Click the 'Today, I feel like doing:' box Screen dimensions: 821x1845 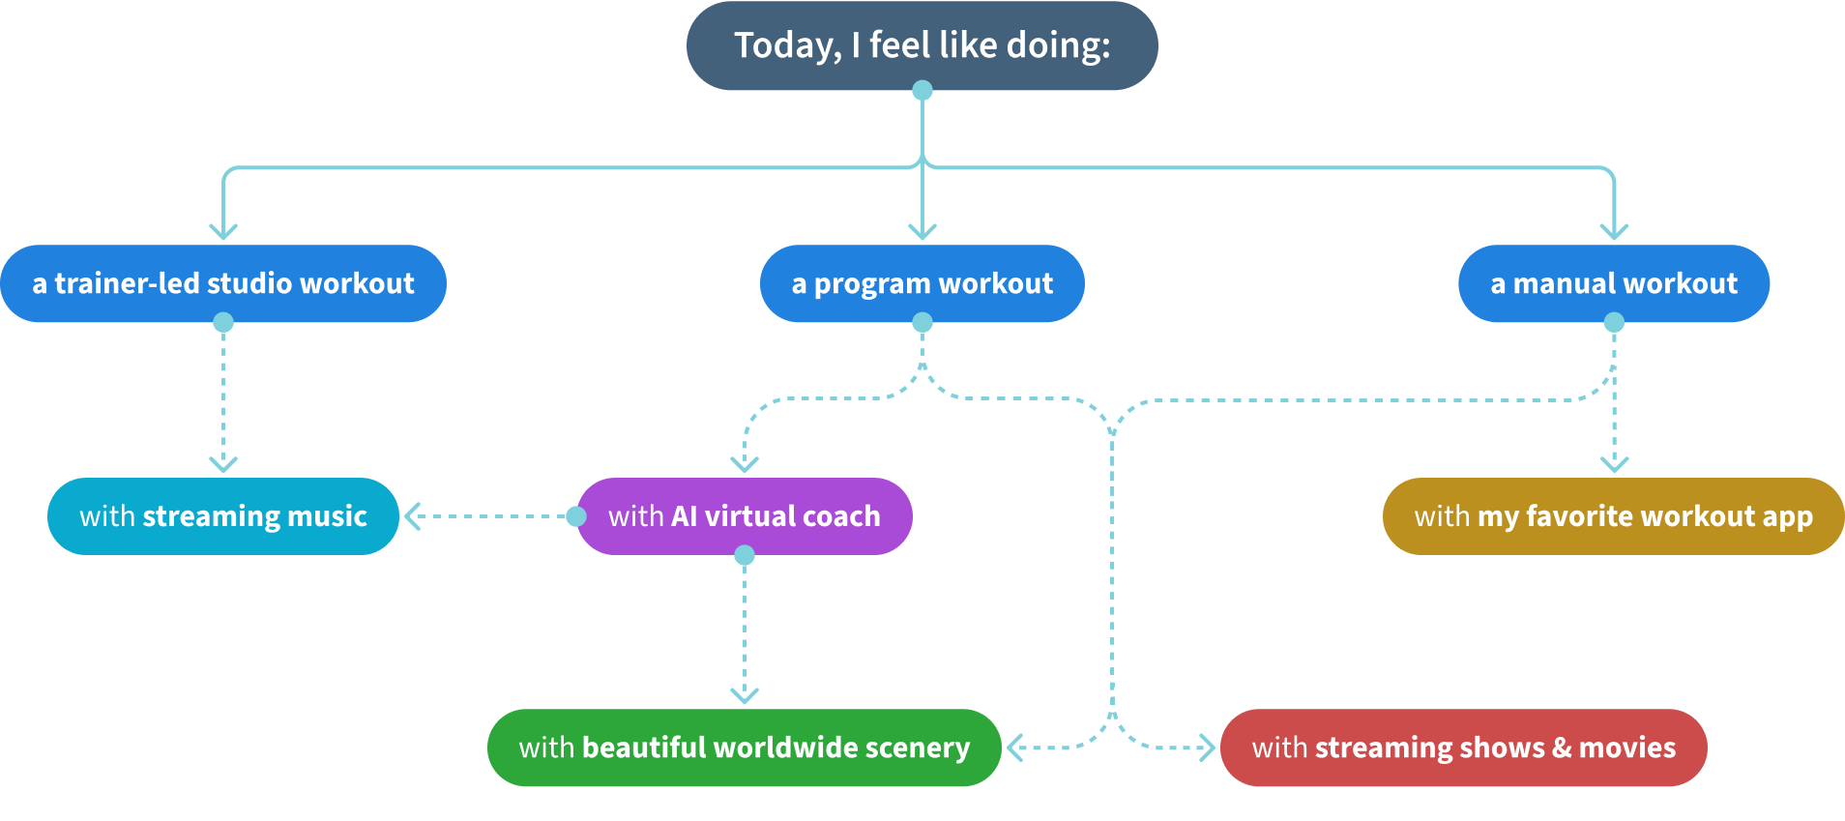coord(922,45)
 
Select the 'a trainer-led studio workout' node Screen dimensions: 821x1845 coord(223,283)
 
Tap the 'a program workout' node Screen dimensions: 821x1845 coord(922,283)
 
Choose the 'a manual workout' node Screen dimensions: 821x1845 coord(1613,283)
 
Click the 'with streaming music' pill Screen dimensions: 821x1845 coord(223,516)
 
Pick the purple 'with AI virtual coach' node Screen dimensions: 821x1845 coord(744,516)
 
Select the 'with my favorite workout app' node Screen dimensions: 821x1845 coord(1613,516)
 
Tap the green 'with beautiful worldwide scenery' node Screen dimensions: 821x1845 coord(744,748)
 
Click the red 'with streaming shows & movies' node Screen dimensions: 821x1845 coord(1463,748)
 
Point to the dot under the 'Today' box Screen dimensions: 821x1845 coord(922,91)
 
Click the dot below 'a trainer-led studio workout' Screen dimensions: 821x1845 coord(223,323)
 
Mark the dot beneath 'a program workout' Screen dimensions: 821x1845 coord(922,323)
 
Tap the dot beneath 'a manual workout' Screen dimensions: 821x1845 coord(1614,323)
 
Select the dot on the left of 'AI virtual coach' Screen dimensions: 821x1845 coord(576,516)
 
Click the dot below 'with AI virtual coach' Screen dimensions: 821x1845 coord(745,555)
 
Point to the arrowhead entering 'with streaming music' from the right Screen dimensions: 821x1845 coord(412,516)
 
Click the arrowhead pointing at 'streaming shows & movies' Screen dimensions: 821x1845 coord(1208,748)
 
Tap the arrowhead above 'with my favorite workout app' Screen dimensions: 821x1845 coord(1614,464)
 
